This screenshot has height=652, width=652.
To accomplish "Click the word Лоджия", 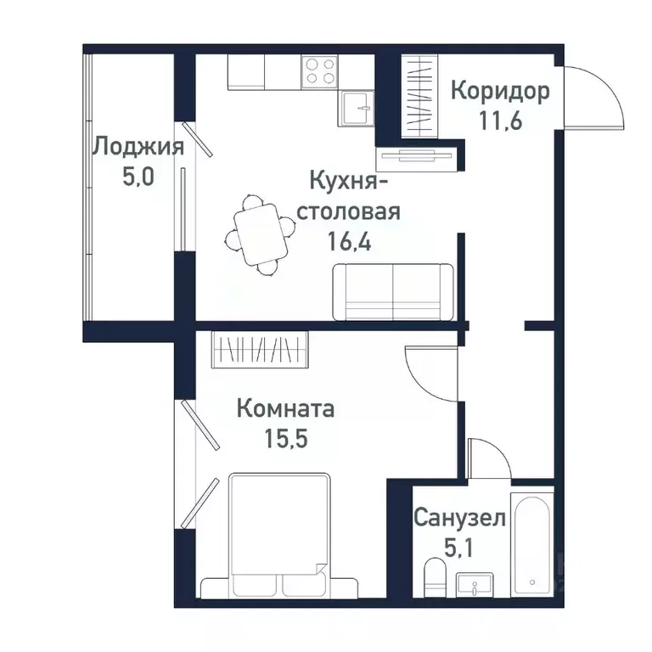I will click(x=138, y=147).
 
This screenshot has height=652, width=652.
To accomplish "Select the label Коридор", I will click(x=499, y=90).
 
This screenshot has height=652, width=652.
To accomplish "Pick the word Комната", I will click(x=285, y=408).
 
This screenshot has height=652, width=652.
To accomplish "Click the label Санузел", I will click(x=460, y=517).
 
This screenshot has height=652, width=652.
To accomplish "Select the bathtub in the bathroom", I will click(x=531, y=543).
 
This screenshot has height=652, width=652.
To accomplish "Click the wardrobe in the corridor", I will click(x=419, y=94).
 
